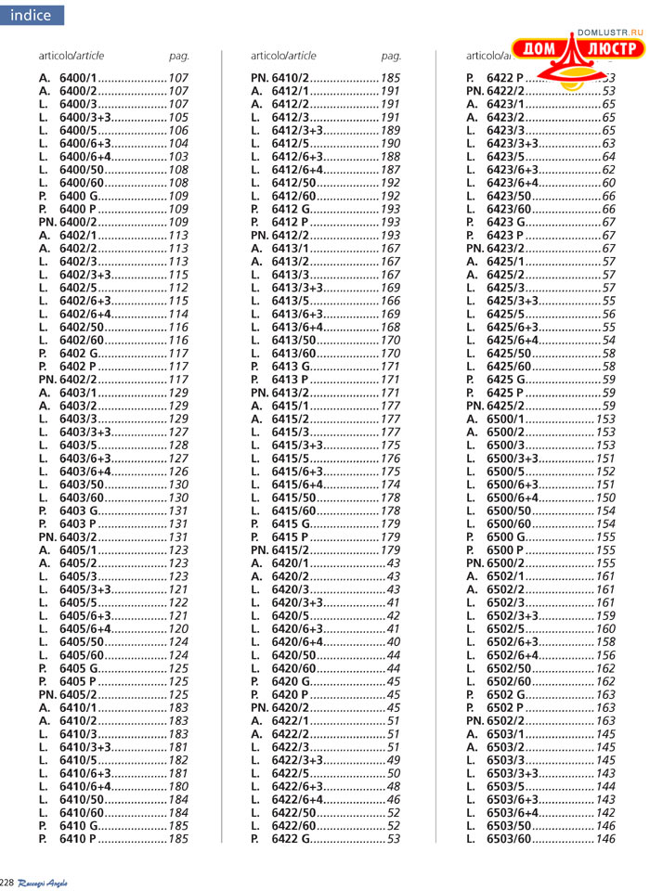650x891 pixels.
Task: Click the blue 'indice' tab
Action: [32, 15]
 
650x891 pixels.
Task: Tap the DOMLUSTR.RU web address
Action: [610, 32]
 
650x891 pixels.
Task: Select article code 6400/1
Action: [78, 79]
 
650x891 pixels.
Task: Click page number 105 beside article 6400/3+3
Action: [178, 118]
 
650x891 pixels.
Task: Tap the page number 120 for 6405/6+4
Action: [178, 628]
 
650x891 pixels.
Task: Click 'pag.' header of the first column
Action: [178, 56]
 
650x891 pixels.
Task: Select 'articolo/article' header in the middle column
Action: [283, 56]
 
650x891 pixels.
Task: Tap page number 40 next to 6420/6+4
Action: [394, 641]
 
